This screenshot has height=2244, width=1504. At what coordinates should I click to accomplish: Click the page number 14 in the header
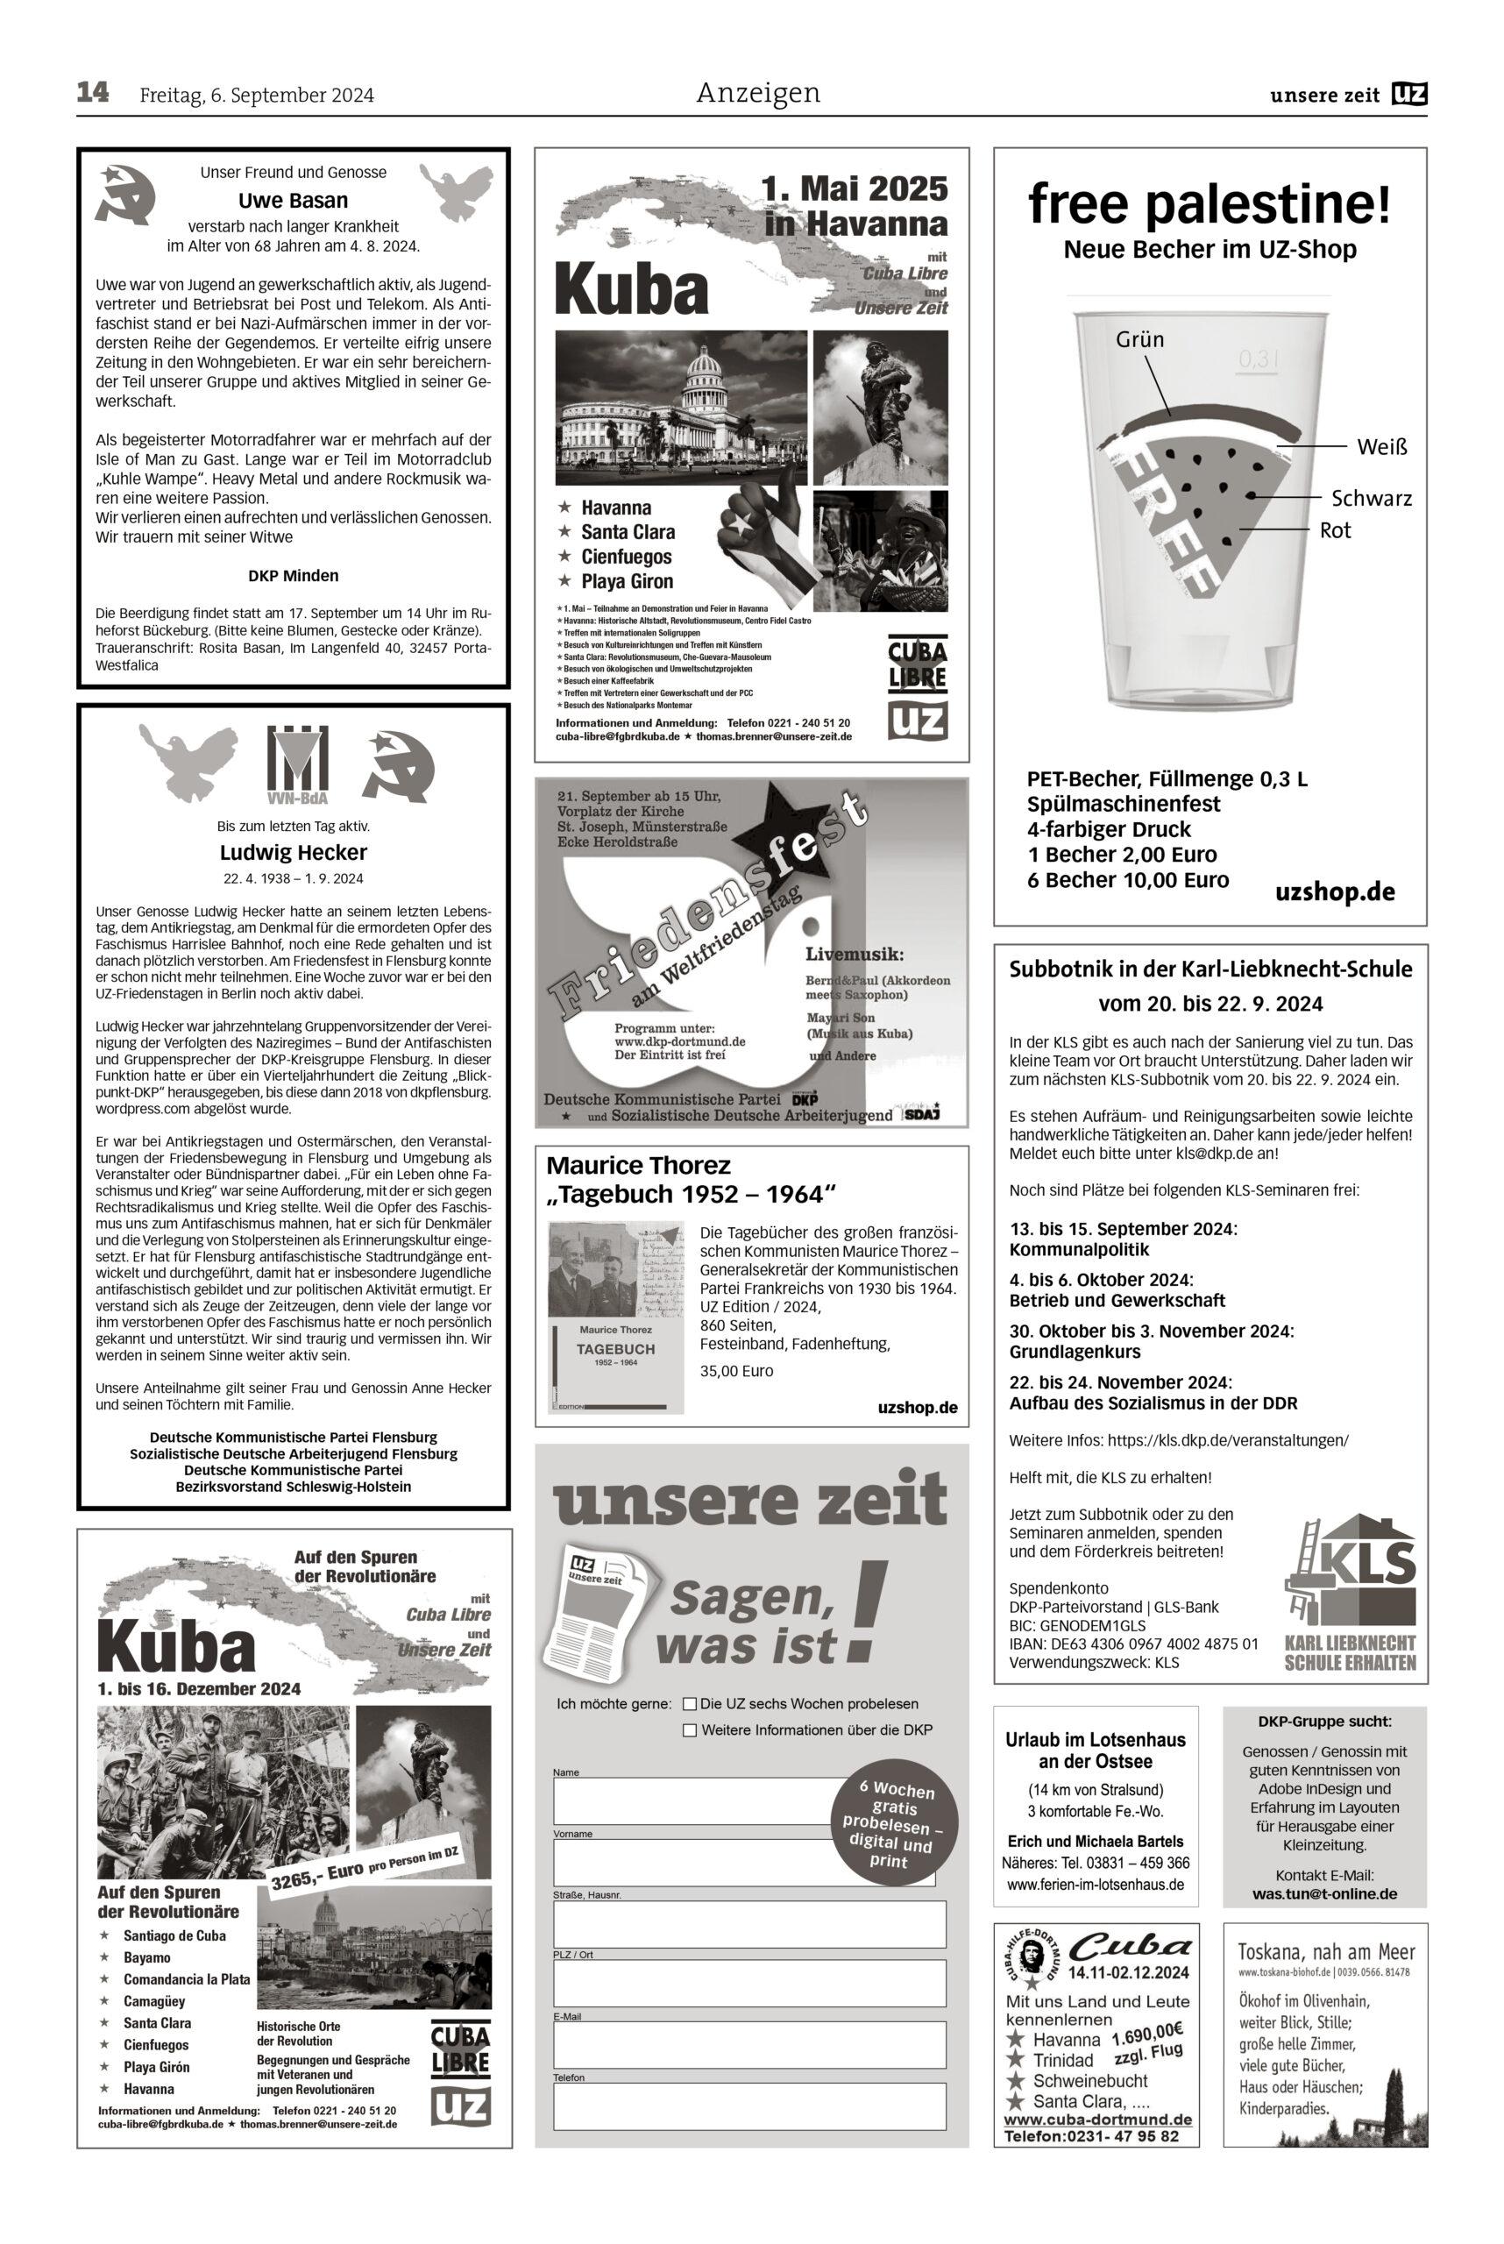93,93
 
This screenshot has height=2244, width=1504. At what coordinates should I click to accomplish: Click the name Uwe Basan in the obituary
293,202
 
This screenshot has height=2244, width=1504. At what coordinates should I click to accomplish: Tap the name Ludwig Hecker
293,852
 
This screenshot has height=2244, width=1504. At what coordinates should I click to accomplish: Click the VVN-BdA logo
294,764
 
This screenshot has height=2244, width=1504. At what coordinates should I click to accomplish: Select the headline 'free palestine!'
1209,203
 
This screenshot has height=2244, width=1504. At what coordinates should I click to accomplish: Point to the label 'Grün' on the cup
1139,339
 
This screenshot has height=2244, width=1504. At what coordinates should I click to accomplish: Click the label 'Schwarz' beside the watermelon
1371,499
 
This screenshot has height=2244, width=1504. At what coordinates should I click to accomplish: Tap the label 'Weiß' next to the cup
1382,447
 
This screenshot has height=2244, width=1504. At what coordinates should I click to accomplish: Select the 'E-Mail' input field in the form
749,2044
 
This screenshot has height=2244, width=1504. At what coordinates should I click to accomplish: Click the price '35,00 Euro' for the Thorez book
735,1371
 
